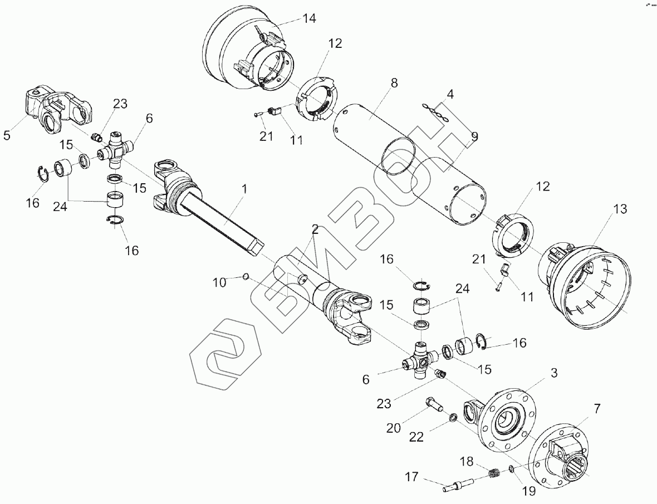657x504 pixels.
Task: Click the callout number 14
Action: tap(309, 19)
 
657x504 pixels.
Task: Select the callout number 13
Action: tap(620, 209)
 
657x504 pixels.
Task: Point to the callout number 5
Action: tap(7, 135)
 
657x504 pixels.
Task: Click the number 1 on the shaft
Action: tap(243, 190)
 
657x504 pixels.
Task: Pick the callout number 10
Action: tap(220, 282)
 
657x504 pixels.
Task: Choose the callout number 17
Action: tap(411, 477)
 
